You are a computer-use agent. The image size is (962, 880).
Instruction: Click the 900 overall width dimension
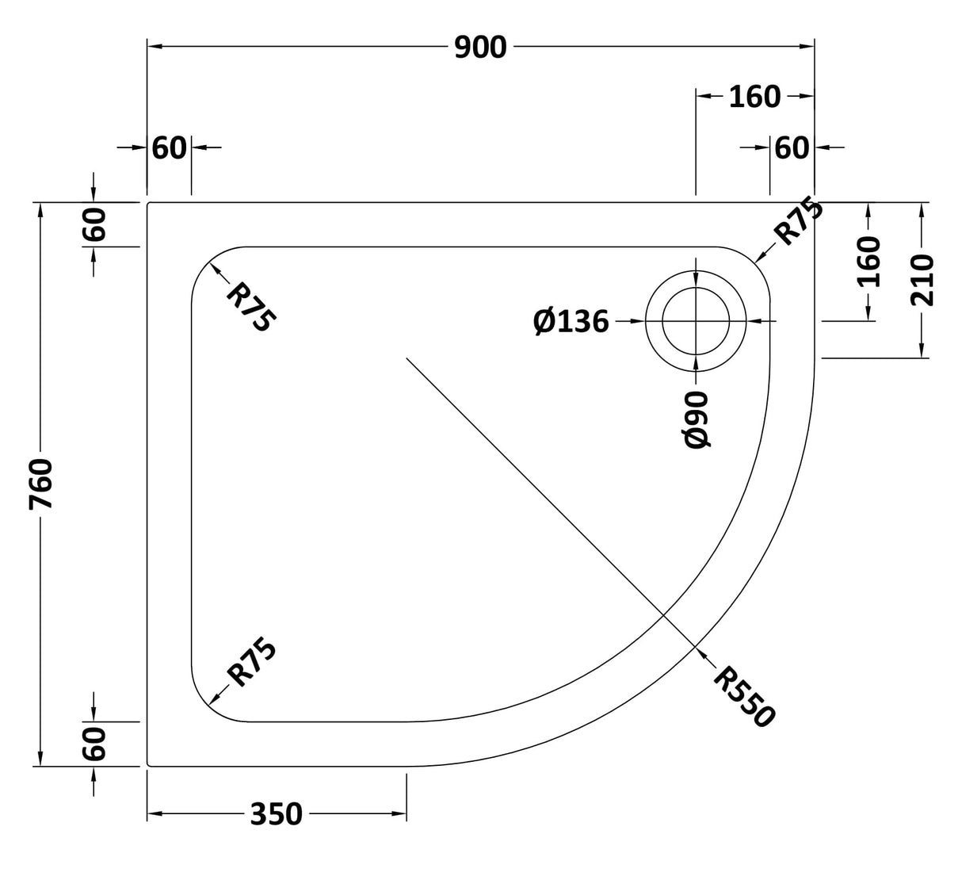click(x=480, y=48)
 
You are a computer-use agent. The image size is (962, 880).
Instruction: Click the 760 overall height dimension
click(x=40, y=484)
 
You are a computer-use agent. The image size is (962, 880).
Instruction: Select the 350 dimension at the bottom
click(x=277, y=813)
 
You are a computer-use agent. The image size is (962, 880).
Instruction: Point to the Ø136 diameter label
click(x=571, y=321)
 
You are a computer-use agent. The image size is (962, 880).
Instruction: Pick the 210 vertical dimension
click(x=922, y=279)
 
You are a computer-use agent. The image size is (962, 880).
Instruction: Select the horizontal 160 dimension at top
click(x=754, y=97)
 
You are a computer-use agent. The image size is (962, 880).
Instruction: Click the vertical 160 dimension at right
click(x=869, y=262)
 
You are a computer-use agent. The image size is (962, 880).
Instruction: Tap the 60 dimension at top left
click(x=169, y=147)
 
